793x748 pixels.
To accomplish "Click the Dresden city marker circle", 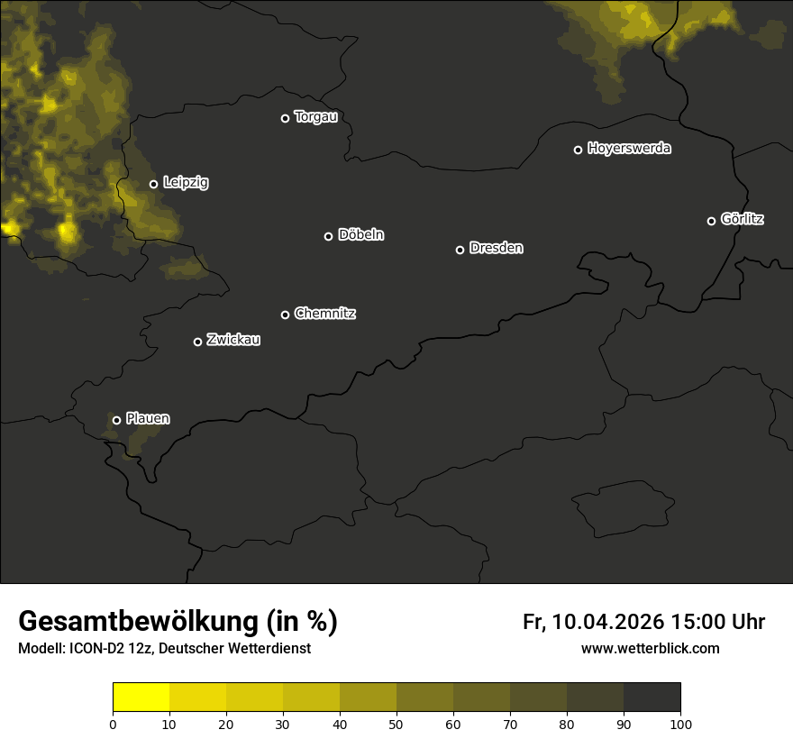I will click(x=460, y=250).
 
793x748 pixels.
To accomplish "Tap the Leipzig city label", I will click(x=186, y=183).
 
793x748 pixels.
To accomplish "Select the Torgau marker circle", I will click(x=285, y=118).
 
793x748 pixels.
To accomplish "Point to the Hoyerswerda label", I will click(x=629, y=149).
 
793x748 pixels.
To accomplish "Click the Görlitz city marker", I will click(x=711, y=221).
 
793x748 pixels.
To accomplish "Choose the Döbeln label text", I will click(x=360, y=235).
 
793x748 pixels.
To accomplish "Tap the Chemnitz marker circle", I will click(x=285, y=315).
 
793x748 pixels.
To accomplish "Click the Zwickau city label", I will click(x=233, y=340).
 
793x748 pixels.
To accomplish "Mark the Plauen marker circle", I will click(x=116, y=420).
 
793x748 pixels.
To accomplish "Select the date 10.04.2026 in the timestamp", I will click(x=607, y=622).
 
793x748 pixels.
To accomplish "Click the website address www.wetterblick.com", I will click(x=650, y=649).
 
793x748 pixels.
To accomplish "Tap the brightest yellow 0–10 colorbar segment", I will click(x=141, y=698).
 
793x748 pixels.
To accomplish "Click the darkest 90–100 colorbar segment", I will click(x=652, y=698).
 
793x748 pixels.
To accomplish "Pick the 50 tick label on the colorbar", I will click(x=396, y=724).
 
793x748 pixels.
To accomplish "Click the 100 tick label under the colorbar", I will click(x=680, y=724).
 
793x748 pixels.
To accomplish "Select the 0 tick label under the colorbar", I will click(x=113, y=724).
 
